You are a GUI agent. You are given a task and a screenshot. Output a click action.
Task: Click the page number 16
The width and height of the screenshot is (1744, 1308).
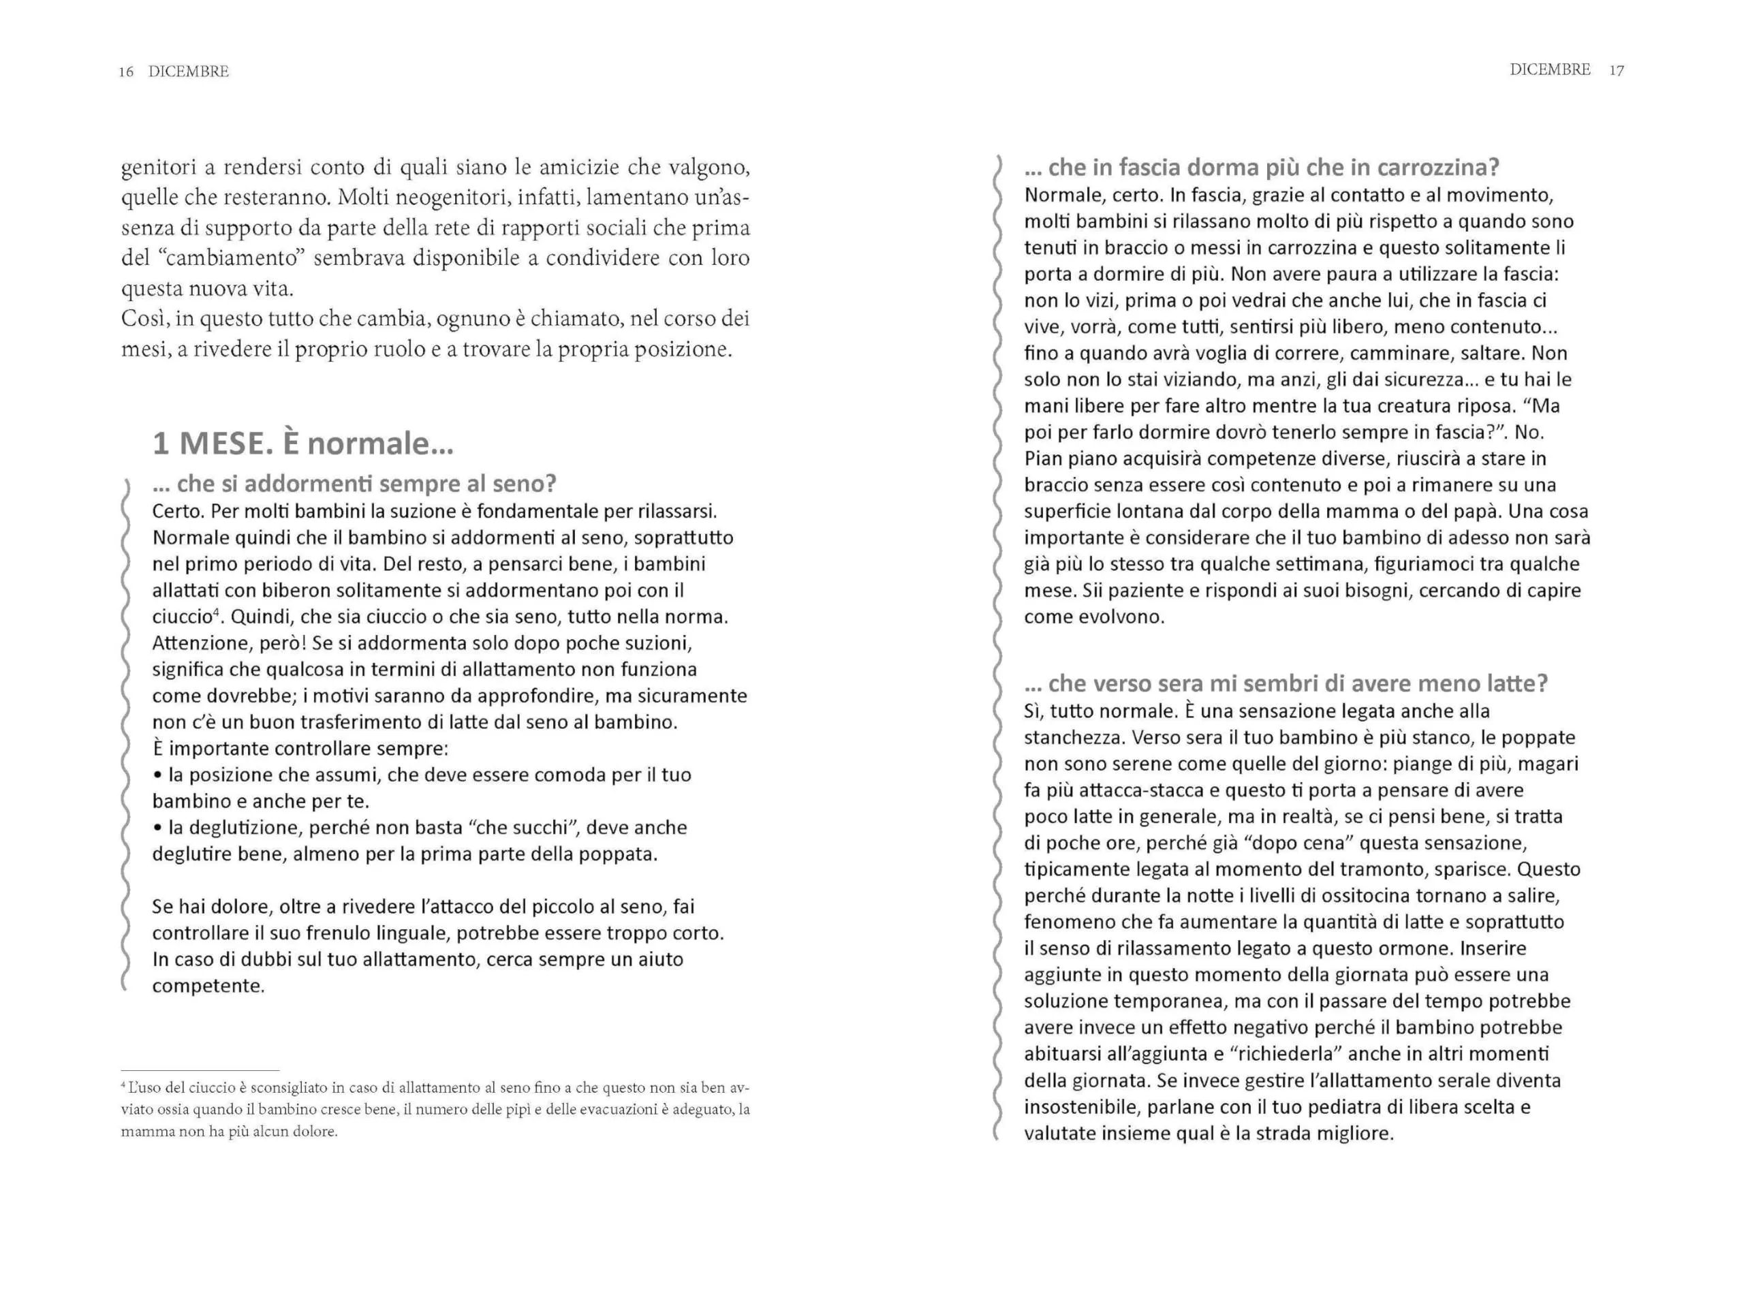pyautogui.click(x=126, y=72)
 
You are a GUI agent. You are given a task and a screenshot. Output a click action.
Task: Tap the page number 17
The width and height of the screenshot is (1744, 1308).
pyautogui.click(x=1617, y=71)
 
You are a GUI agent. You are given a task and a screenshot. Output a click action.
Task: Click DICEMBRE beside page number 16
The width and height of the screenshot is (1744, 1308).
pyautogui.click(x=189, y=72)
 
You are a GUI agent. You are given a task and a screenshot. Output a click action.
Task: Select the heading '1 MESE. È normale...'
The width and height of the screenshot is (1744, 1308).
pyautogui.click(x=302, y=444)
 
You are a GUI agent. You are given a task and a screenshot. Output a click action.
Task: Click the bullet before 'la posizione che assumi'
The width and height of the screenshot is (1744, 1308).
pyautogui.click(x=157, y=775)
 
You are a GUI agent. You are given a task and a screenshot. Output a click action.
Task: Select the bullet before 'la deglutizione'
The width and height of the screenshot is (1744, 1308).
pyautogui.click(x=157, y=828)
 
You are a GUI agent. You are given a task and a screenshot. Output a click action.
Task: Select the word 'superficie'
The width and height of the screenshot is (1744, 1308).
pyautogui.click(x=1068, y=512)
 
